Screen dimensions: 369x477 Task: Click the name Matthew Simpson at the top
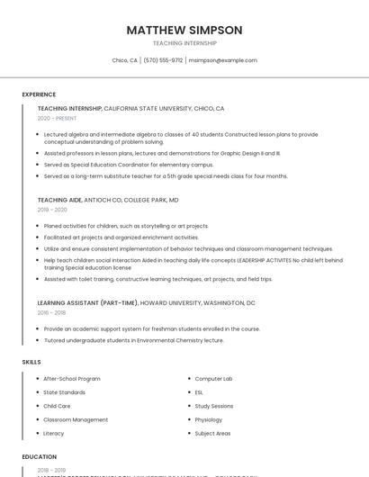point(184,30)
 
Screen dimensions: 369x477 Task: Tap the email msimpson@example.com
point(223,60)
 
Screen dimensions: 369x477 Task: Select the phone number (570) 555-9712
point(163,60)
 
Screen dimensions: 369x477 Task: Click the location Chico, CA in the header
point(124,60)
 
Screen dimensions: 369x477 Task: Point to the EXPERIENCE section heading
point(39,94)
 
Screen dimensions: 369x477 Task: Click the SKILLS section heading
point(31,362)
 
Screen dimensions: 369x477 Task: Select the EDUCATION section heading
point(40,457)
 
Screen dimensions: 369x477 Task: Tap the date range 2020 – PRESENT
point(57,118)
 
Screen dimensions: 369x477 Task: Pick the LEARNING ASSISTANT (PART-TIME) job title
point(87,303)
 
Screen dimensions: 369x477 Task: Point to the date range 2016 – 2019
point(51,312)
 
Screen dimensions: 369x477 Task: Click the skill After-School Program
point(72,379)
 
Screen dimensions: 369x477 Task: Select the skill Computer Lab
point(213,379)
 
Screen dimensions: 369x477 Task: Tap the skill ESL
point(199,392)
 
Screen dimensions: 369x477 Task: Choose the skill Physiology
point(208,419)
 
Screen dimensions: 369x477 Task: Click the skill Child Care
point(57,406)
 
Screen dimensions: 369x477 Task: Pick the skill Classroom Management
point(76,419)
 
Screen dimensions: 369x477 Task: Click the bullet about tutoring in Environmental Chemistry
point(133,340)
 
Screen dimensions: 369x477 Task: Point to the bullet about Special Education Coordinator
point(128,165)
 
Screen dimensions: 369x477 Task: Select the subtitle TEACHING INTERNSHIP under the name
point(184,43)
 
